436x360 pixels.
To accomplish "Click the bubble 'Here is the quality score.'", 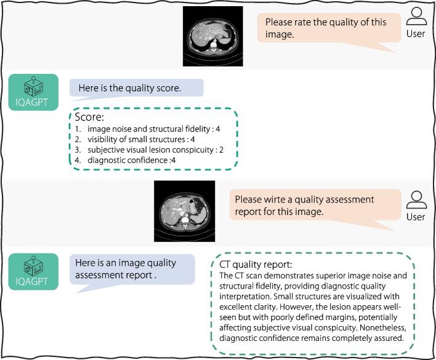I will pyautogui.click(x=130, y=88).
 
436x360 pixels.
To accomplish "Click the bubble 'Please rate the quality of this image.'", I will pyautogui.click(x=326, y=28).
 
